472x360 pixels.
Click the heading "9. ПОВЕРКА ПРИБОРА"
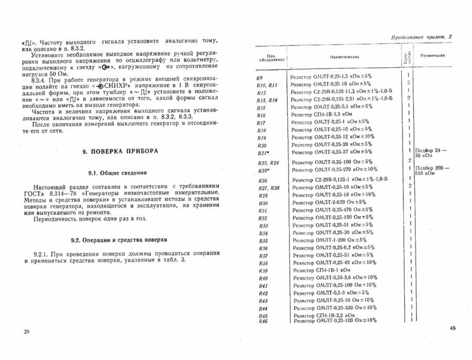pos(120,151)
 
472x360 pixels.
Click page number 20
pos(27,331)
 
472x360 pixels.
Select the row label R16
pos(262,115)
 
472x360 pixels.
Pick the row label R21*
pos(263,153)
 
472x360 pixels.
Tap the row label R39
pos(263,270)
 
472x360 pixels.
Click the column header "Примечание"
pos(433,55)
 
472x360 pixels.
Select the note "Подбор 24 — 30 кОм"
pos(432,153)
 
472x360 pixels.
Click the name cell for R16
pos(326,115)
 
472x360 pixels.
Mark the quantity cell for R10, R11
pos(408,83)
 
